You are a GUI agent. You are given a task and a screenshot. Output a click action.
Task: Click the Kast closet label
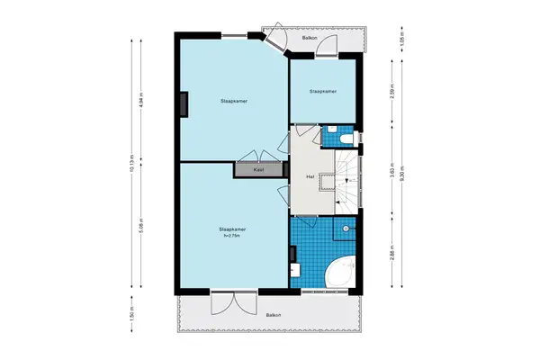click(x=258, y=169)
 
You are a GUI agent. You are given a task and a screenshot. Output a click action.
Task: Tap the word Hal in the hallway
click(x=310, y=176)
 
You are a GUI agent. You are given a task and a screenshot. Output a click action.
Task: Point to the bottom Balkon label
click(x=273, y=314)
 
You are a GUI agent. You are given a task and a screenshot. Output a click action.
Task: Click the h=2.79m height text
click(x=233, y=236)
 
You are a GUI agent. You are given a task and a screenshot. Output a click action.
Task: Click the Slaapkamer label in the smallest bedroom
click(x=322, y=92)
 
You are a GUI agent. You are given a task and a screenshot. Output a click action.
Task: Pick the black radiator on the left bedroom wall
click(x=184, y=104)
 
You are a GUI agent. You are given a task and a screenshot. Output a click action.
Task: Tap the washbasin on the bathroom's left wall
click(x=294, y=267)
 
